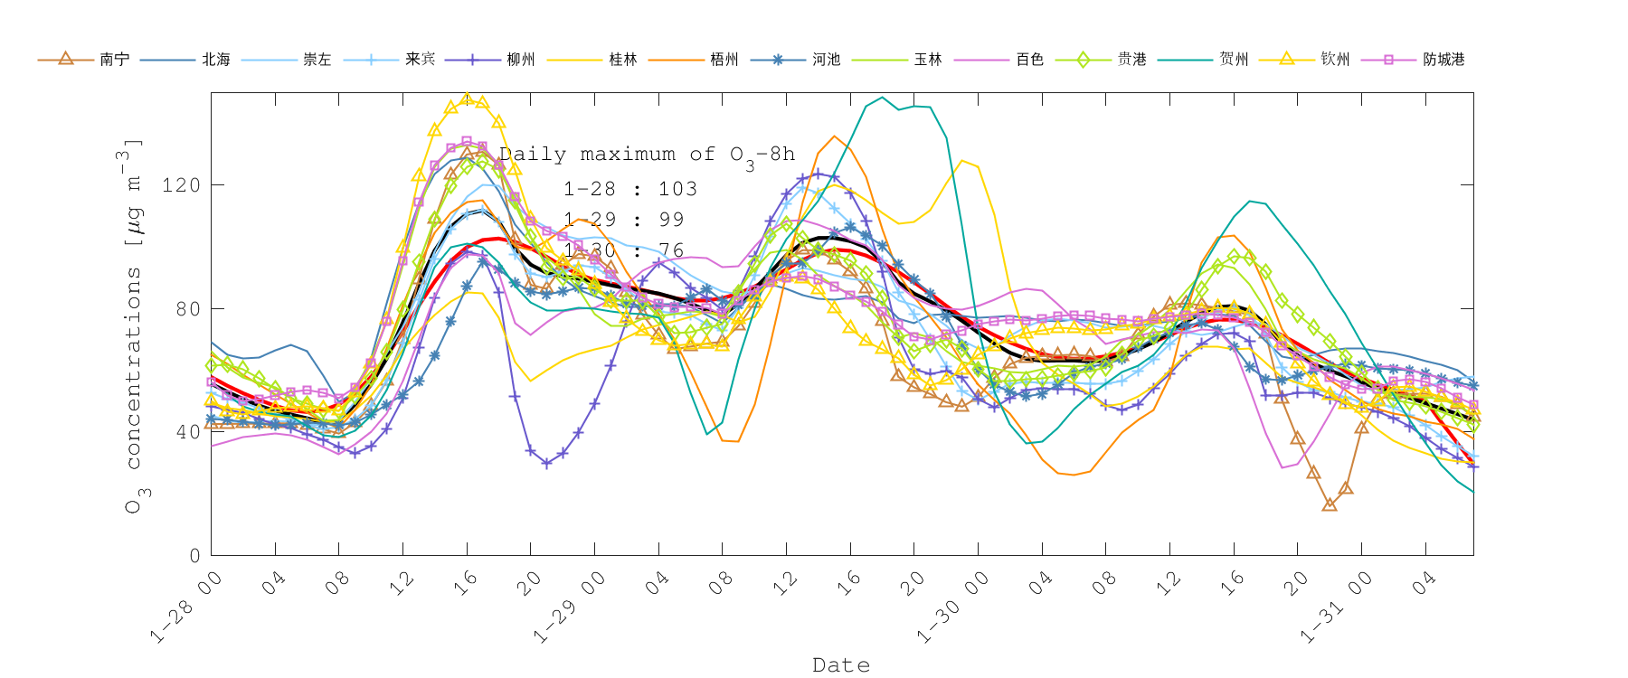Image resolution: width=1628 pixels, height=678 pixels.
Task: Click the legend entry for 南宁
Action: (114, 60)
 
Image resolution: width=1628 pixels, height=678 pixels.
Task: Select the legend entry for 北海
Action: (215, 60)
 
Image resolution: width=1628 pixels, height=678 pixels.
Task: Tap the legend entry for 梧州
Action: (724, 60)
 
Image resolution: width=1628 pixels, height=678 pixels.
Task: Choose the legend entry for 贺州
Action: (1233, 60)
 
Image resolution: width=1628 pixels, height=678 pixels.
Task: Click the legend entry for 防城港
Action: (1443, 60)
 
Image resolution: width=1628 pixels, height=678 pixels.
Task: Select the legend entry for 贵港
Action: (1131, 60)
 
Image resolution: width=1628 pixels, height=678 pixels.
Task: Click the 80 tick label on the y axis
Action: (186, 309)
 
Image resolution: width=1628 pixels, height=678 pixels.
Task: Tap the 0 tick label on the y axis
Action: (194, 556)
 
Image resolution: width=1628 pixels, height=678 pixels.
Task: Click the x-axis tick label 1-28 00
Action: (185, 608)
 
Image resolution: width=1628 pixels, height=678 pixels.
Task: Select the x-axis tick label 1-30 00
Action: (952, 608)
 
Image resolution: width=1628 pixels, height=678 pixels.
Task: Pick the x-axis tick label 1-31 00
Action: (1336, 608)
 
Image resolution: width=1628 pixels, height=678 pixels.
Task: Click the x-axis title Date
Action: (840, 665)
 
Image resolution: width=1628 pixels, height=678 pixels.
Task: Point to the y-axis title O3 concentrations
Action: (134, 325)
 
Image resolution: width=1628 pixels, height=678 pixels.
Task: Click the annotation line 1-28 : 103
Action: (629, 189)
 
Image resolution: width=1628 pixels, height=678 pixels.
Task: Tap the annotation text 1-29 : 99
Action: (623, 220)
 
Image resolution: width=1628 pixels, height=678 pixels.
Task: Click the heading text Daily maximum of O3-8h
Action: (646, 155)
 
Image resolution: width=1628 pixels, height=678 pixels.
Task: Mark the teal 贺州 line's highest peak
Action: (883, 98)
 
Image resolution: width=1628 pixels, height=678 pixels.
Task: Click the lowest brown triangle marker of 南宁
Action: (1329, 504)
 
